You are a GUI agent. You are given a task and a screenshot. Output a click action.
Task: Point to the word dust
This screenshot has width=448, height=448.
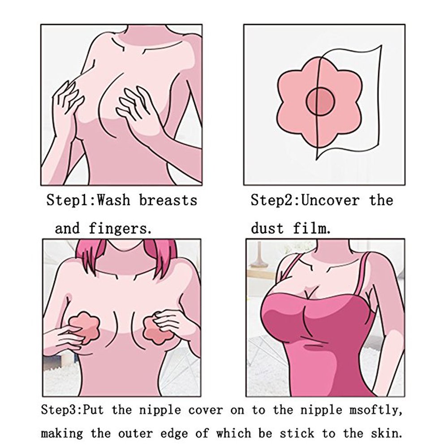tap(267, 229)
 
